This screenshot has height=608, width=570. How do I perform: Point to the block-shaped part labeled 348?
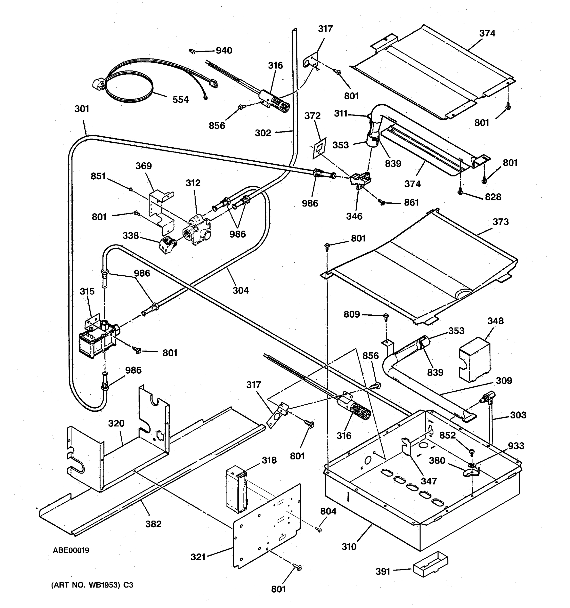(x=474, y=360)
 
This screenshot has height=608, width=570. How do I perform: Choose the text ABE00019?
(x=71, y=550)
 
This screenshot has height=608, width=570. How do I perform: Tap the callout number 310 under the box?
(x=349, y=546)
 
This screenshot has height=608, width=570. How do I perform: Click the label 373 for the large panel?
(x=500, y=222)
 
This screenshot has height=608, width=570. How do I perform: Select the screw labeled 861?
(x=382, y=202)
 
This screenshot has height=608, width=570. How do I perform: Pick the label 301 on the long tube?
(x=82, y=109)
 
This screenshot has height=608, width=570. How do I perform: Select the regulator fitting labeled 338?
(x=167, y=245)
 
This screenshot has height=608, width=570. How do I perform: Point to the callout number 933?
(x=516, y=446)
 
